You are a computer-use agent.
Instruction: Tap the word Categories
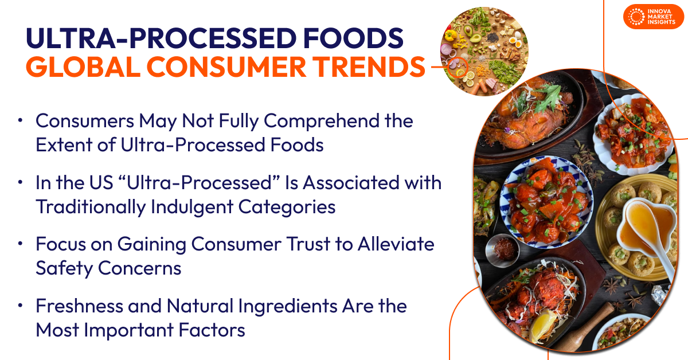[284, 207]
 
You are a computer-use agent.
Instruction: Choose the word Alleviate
[396, 245]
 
